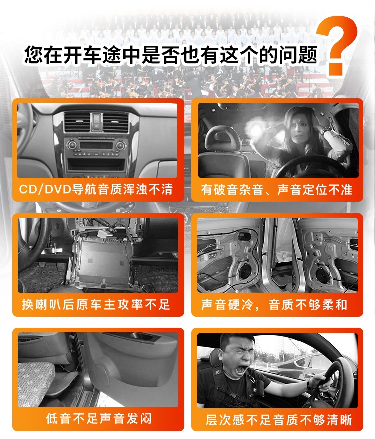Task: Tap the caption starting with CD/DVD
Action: coord(96,189)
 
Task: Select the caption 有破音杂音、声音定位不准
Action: coord(276,190)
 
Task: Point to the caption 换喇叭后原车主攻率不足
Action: coord(96,304)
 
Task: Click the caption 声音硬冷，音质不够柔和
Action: coord(274,305)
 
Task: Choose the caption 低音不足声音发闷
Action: coord(99,419)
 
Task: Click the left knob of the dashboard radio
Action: coord(72,145)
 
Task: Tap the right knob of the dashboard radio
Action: coord(120,145)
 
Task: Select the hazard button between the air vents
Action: coord(96,118)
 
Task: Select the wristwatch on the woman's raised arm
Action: coord(325,130)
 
